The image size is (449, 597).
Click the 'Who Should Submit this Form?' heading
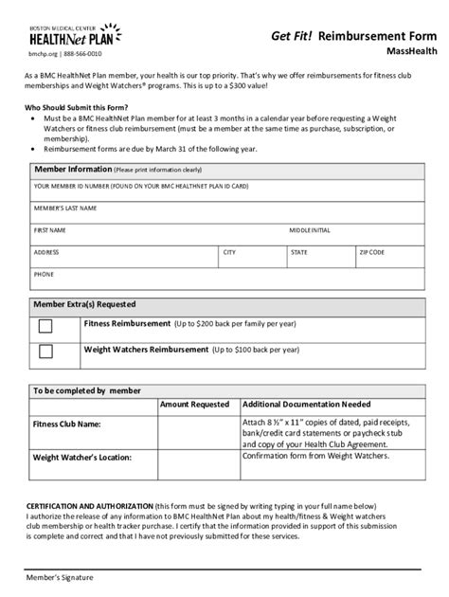click(83, 107)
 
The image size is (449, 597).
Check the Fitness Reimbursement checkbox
click(45, 325)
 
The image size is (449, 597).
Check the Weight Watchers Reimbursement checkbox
click(45, 352)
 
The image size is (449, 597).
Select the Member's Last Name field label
click(65, 208)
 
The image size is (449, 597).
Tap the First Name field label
click(49, 230)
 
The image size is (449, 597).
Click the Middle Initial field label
click(310, 230)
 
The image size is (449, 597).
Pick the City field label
click(229, 253)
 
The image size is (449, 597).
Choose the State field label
click(298, 253)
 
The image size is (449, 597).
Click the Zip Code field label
click(370, 253)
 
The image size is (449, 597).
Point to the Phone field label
click(44, 274)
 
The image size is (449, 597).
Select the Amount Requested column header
click(194, 404)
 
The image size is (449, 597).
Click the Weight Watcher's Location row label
click(81, 456)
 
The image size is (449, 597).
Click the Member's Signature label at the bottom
click(59, 576)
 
